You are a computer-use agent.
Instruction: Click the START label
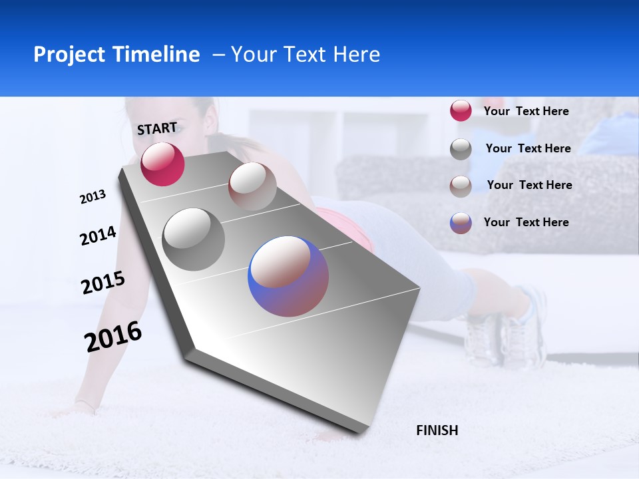(x=157, y=128)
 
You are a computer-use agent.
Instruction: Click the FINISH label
(x=437, y=430)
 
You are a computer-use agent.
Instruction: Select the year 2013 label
(x=93, y=197)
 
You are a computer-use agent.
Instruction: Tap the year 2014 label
(x=98, y=236)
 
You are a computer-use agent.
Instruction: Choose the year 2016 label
(x=113, y=336)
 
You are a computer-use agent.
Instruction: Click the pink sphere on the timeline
(x=162, y=164)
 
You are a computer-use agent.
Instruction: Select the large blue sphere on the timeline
(x=288, y=276)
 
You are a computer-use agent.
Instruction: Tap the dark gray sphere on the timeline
(x=194, y=239)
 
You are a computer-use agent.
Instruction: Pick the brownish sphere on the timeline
(x=252, y=186)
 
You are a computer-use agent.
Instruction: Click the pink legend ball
(x=461, y=111)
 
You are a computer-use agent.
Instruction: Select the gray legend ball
(x=461, y=149)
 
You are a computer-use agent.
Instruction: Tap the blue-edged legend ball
(x=461, y=223)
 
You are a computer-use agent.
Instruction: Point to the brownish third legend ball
(x=461, y=186)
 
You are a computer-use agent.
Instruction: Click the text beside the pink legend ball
(x=526, y=111)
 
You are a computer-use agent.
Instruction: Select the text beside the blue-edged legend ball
(x=526, y=222)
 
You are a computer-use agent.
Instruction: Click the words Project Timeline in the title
(x=116, y=55)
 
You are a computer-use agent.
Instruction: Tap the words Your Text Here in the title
(x=305, y=55)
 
